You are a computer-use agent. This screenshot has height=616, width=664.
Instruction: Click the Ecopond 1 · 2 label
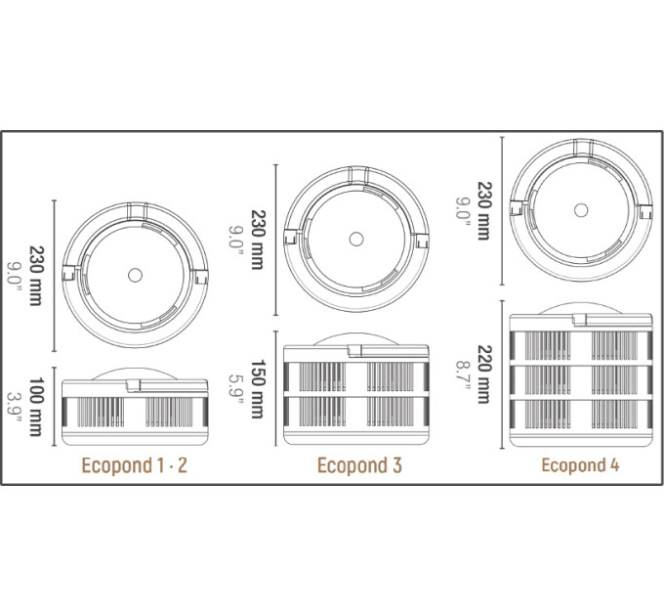[x=134, y=465]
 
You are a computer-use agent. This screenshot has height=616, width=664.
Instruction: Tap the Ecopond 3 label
[x=359, y=465]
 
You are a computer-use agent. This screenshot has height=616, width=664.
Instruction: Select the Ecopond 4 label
[x=580, y=465]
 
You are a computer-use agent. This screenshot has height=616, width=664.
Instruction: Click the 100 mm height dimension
[x=36, y=407]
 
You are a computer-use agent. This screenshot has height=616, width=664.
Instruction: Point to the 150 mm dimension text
[x=258, y=389]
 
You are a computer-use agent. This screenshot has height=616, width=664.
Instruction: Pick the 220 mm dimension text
[x=485, y=374]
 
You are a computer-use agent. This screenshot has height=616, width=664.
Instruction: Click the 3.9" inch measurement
[x=15, y=407]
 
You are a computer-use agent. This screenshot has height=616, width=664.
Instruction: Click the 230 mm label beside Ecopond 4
[x=485, y=210]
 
